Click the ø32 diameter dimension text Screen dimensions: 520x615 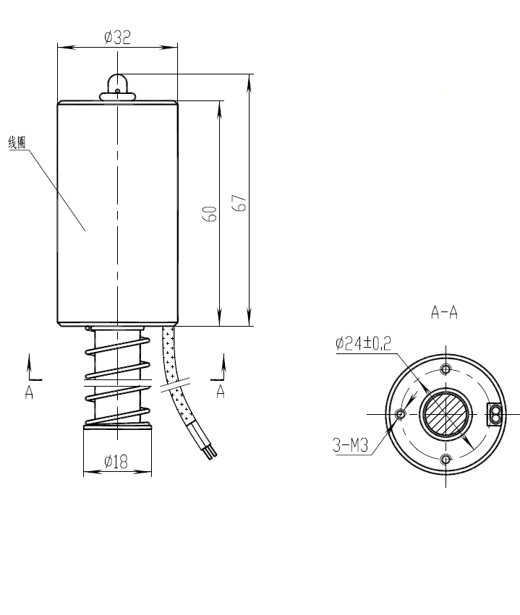(x=117, y=38)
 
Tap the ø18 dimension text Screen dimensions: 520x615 (x=116, y=461)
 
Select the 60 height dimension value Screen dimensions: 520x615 (x=210, y=213)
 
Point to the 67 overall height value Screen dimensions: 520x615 (x=239, y=203)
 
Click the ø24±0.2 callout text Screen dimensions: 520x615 (x=363, y=343)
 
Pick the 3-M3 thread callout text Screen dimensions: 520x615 (x=350, y=445)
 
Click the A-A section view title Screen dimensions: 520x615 (x=444, y=313)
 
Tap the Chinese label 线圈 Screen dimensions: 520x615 (x=17, y=142)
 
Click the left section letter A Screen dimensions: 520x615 (x=29, y=392)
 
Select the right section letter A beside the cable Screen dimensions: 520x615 (x=221, y=391)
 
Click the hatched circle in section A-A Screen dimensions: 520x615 (x=446, y=414)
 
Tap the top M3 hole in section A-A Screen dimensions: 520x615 (x=446, y=369)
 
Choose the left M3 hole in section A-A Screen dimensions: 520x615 (x=400, y=414)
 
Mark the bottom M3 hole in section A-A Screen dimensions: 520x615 (x=446, y=459)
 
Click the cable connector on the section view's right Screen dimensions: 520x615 (x=495, y=414)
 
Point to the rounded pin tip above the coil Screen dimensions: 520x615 (x=117, y=83)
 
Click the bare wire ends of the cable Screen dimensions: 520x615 (x=212, y=452)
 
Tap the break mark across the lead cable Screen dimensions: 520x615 (x=175, y=384)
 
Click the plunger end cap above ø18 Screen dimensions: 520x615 (x=117, y=426)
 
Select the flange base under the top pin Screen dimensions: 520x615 (x=117, y=96)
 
